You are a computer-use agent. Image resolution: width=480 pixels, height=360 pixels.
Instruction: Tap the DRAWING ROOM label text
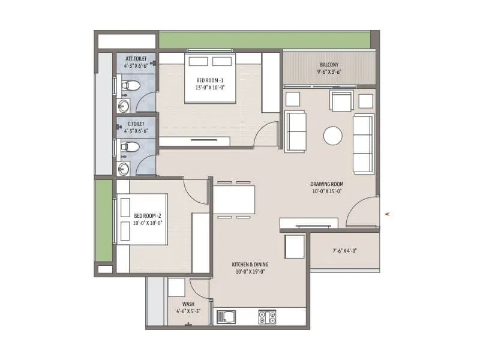(x=326, y=184)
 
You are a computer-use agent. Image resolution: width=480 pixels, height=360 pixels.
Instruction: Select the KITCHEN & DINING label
(x=250, y=265)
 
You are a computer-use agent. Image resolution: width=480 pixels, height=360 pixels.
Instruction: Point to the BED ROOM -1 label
(x=209, y=80)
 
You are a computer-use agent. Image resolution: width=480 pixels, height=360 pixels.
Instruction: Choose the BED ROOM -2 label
(x=148, y=215)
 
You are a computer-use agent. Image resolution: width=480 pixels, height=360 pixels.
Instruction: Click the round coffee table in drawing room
(x=333, y=136)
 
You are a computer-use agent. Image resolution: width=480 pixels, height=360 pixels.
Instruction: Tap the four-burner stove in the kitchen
(x=266, y=317)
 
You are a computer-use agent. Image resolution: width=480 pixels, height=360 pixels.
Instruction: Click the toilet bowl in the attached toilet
(x=130, y=86)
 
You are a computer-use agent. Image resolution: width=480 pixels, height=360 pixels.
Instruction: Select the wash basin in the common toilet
(x=124, y=167)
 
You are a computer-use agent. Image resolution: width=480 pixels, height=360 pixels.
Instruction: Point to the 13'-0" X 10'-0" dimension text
(x=209, y=87)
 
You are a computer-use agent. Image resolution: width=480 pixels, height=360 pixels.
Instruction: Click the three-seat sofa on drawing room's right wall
(x=363, y=142)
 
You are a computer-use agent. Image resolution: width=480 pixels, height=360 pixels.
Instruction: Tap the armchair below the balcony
(x=342, y=101)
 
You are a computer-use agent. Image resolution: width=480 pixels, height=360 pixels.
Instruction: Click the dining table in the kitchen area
(x=234, y=199)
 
